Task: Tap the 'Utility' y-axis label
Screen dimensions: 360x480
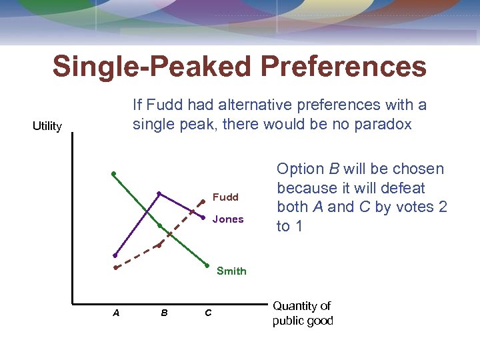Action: click(47, 126)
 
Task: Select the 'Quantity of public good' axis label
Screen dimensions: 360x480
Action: click(302, 313)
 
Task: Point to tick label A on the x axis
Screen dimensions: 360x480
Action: click(116, 312)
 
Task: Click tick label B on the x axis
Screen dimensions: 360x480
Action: click(164, 312)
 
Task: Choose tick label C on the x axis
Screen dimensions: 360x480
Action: click(208, 312)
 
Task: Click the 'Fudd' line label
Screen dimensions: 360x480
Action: click(225, 197)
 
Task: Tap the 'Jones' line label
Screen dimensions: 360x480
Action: click(228, 219)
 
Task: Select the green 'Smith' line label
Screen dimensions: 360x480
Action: click(231, 271)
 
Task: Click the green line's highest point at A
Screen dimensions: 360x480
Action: click(114, 173)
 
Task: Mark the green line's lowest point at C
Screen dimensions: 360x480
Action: click(207, 265)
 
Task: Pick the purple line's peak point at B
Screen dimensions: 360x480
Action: click(159, 193)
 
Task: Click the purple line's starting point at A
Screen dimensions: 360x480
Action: click(115, 255)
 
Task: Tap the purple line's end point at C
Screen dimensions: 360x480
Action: click(202, 217)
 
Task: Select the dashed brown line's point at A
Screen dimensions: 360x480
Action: click(115, 267)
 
